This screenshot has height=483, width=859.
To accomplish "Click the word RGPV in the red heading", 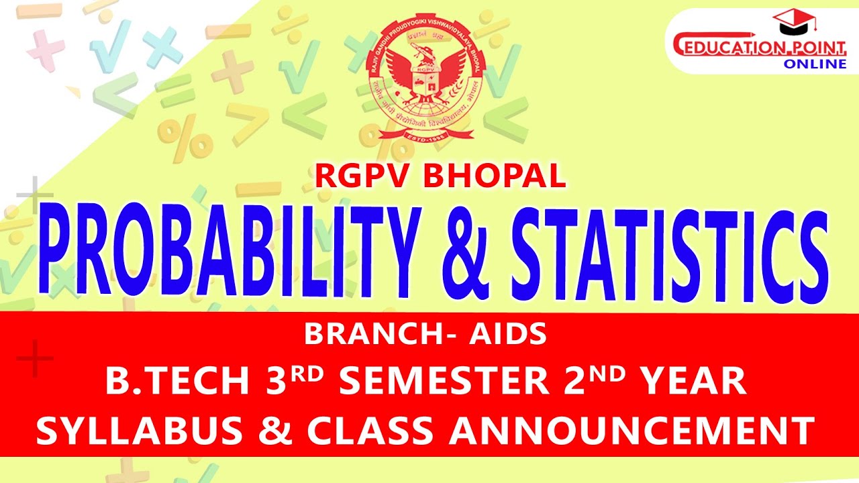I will (362, 176).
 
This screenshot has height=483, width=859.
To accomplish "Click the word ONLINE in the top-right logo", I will (815, 64).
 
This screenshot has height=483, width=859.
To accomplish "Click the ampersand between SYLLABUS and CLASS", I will (268, 429).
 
